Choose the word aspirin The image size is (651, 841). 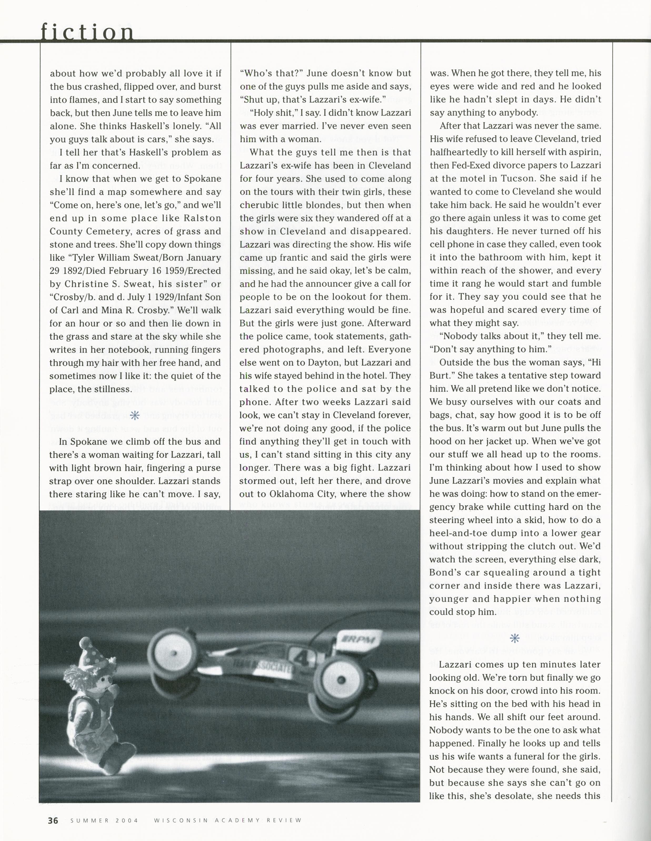(x=585, y=152)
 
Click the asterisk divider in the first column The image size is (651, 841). (x=134, y=415)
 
